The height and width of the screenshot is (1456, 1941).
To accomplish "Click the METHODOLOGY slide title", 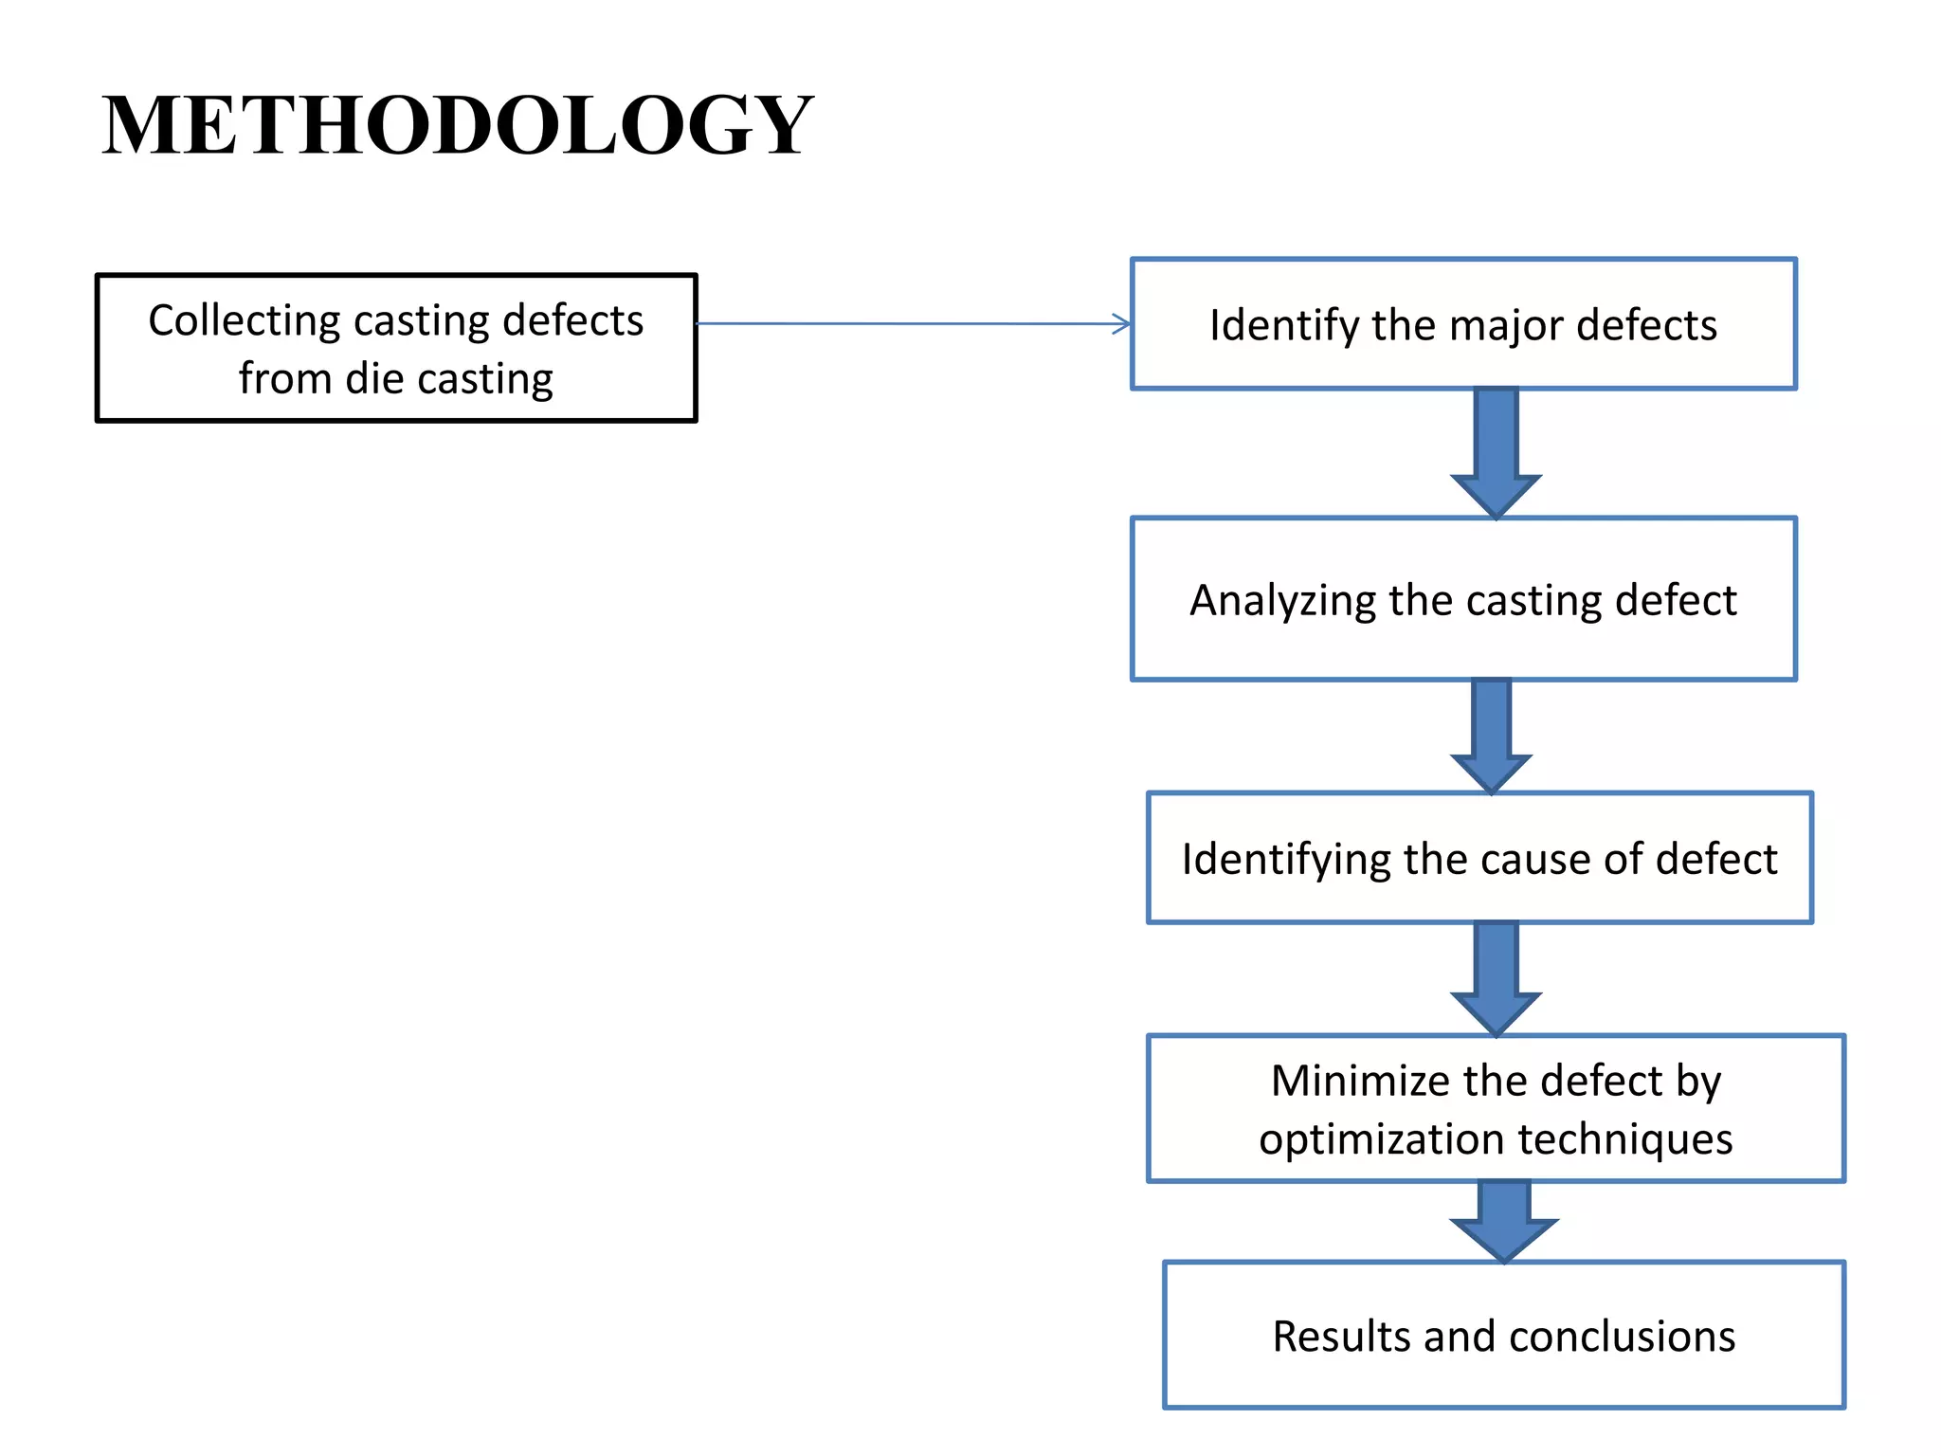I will (457, 125).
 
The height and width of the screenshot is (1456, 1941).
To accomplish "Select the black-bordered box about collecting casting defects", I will (396, 348).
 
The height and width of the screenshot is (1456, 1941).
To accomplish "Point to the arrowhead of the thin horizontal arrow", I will (1122, 324).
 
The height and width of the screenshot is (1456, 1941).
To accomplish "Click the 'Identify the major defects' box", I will (1463, 325).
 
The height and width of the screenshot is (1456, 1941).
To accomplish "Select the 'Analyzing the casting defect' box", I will (1463, 599).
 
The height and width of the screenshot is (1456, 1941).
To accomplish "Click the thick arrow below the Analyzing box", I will (1492, 736).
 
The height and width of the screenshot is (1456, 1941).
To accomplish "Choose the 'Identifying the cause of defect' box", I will (1479, 858).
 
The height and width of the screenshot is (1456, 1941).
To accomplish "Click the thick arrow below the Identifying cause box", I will (1497, 977).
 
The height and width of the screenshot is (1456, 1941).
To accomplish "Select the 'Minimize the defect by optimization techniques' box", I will (1496, 1108).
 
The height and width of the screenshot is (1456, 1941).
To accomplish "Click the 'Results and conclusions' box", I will (1504, 1335).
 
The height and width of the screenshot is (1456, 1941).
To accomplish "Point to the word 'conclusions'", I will (1622, 1337).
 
